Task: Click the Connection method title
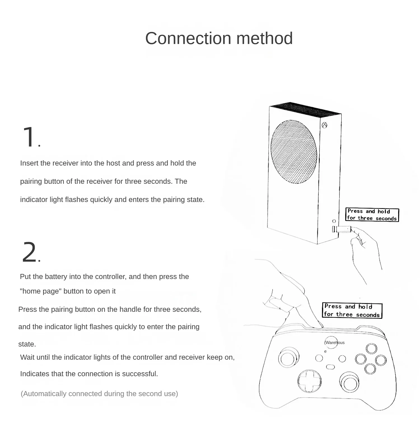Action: [x=219, y=38]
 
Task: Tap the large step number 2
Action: [x=29, y=252]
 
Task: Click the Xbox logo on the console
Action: [x=325, y=125]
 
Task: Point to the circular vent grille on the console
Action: [x=294, y=152]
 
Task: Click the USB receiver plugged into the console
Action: [x=342, y=229]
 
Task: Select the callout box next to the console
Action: [x=372, y=215]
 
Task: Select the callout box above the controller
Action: [x=352, y=310]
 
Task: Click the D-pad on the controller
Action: [x=309, y=381]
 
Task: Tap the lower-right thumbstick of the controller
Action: [x=349, y=382]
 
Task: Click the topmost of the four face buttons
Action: [x=372, y=349]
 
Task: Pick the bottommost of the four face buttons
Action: [x=370, y=369]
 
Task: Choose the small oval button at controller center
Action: [x=330, y=367]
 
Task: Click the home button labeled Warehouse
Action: [x=332, y=343]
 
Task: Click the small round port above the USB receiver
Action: [x=334, y=221]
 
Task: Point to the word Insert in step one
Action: [x=29, y=163]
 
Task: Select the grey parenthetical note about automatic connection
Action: [x=99, y=394]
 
